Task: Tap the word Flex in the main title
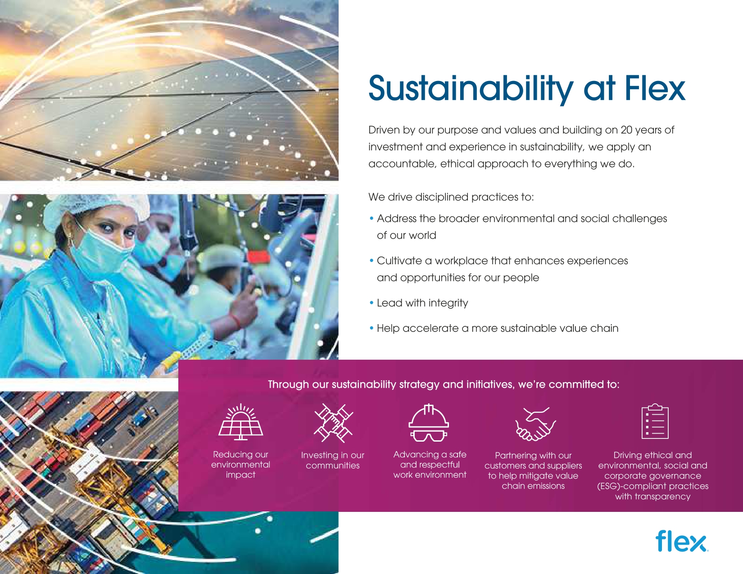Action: [655, 88]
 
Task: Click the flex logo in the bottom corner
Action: [681, 541]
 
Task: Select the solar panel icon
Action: [241, 421]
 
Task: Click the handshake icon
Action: [535, 423]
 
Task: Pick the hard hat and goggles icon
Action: [429, 423]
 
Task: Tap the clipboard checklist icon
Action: [655, 421]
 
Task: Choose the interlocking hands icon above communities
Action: [333, 423]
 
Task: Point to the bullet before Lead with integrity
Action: [371, 303]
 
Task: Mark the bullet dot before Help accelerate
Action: [371, 328]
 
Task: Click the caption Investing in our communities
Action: [333, 460]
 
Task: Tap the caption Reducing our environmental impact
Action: [241, 465]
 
